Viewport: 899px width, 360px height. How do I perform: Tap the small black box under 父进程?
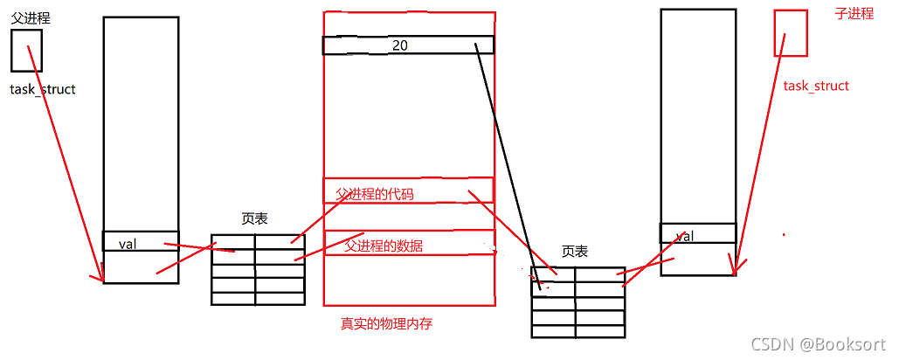(26, 51)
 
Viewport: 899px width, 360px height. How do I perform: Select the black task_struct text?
(43, 89)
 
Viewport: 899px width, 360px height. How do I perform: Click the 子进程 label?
(854, 14)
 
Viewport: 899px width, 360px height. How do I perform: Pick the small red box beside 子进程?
(791, 33)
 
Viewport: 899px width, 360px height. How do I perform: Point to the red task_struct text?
(816, 86)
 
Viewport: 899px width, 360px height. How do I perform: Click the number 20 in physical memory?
(400, 45)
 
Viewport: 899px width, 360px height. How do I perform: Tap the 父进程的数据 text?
(384, 246)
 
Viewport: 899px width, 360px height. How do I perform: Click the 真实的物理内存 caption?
(386, 324)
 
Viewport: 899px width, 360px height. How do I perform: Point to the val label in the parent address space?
(128, 245)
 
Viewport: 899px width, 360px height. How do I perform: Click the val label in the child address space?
(685, 236)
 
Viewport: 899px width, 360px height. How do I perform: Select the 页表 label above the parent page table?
(254, 219)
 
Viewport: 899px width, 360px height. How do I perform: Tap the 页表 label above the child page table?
(574, 252)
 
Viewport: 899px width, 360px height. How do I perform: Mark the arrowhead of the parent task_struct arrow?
(95, 279)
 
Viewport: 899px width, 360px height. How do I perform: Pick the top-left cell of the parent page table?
(233, 242)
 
